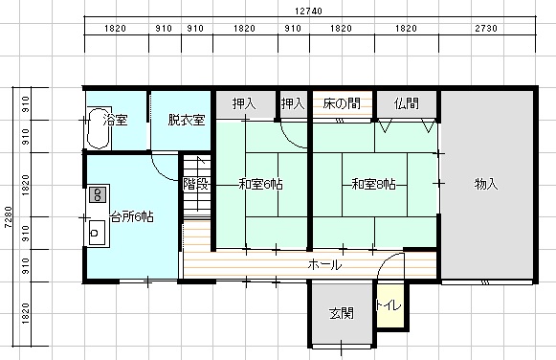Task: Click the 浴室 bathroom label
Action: pos(115,120)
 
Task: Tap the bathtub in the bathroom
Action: pos(99,128)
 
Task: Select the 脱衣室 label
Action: pos(187,120)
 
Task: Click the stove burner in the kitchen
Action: pos(98,194)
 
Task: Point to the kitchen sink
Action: pos(97,233)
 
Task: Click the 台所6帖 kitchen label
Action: pos(132,216)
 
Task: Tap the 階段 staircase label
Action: pos(196,184)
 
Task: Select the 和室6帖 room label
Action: pos(260,185)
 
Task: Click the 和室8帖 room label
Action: pos(374,185)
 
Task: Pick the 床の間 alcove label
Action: pos(342,103)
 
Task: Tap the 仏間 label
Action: pos(407,103)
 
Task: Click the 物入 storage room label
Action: pos(486,184)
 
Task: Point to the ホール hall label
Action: pos(324,264)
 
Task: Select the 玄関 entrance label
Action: pos(342,313)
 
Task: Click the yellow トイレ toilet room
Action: pos(390,305)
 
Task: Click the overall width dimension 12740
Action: pos(308,11)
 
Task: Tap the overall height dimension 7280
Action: pos(9,216)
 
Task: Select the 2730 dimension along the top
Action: pos(486,29)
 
